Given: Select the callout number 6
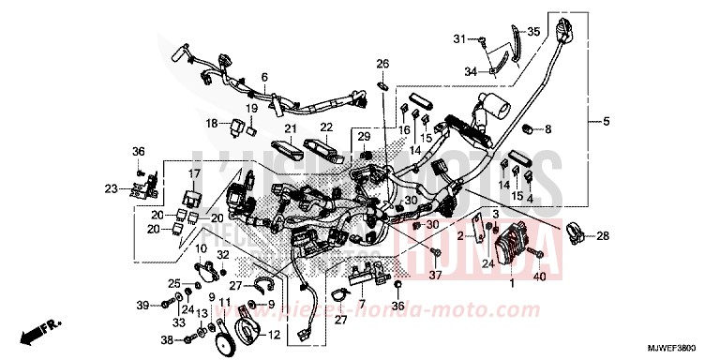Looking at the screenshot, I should pos(264,77).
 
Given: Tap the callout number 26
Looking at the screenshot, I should pos(382,64).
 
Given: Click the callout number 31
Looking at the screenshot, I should pos(459,38).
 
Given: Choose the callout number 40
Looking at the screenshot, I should pos(539,278).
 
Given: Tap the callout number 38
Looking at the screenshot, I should pos(166,339).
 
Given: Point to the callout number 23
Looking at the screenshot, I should pos(111,188).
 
